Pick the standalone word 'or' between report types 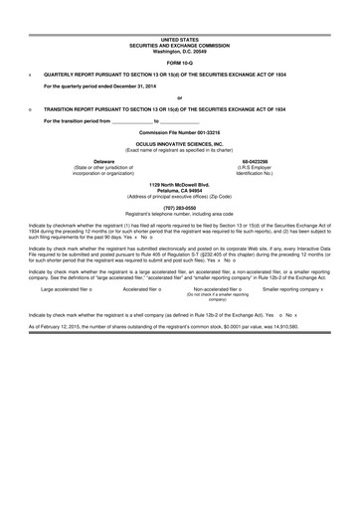179,97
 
